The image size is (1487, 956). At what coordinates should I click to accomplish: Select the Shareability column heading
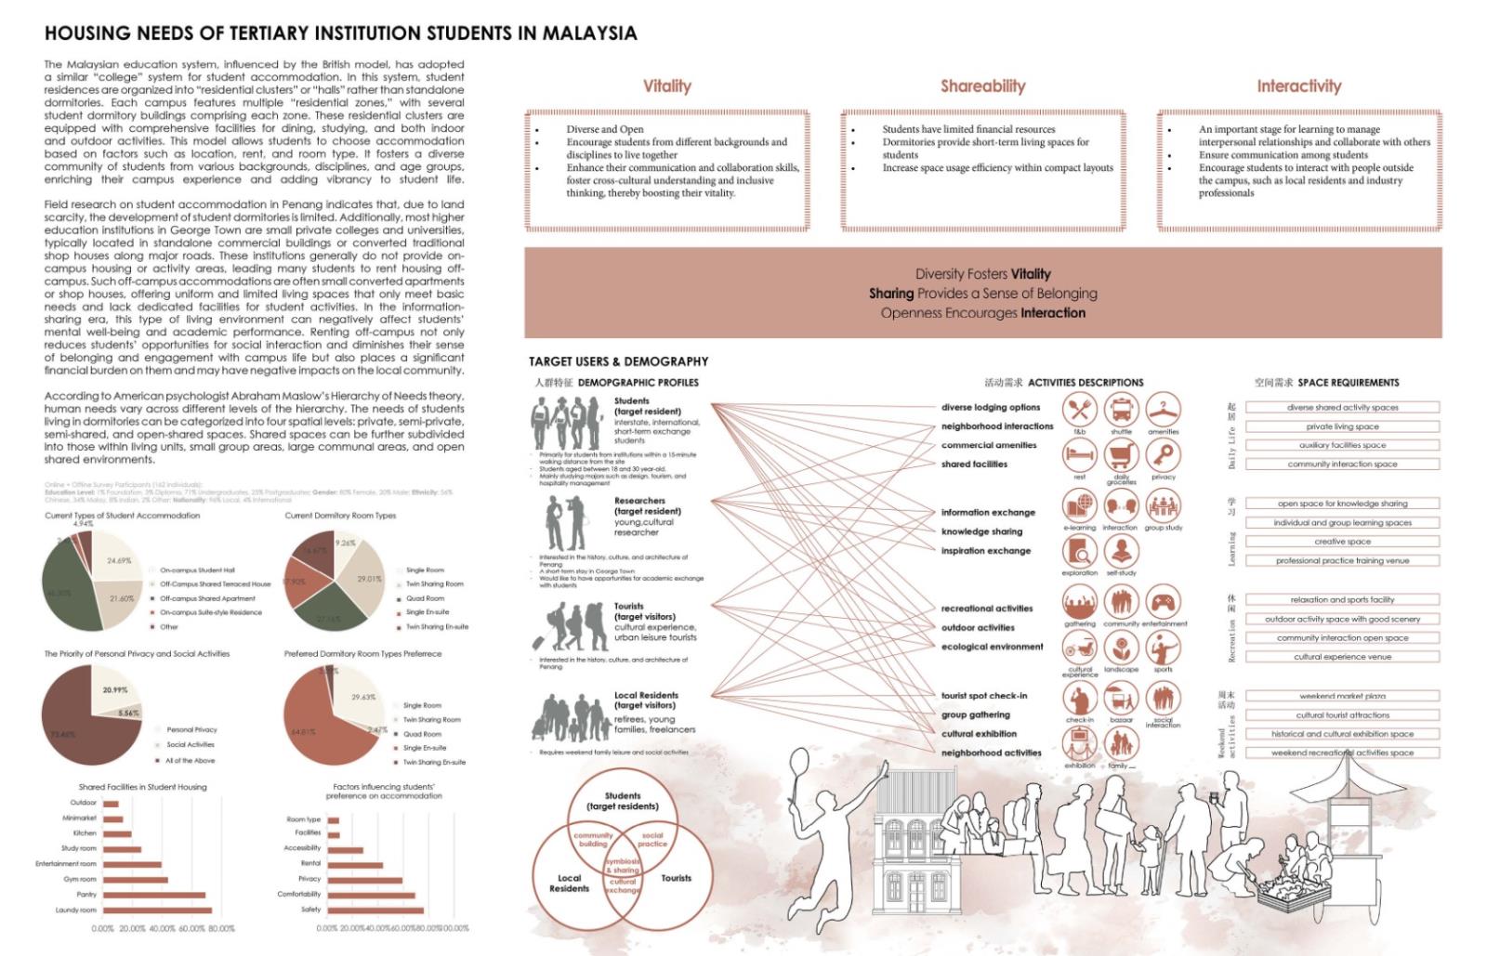(982, 86)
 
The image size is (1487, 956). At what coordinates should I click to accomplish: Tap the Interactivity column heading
(1298, 86)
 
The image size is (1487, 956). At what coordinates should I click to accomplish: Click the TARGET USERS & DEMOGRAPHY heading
(618, 361)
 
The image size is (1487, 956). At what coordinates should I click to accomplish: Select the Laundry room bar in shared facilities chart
(157, 910)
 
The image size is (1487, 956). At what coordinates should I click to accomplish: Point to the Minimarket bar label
(79, 818)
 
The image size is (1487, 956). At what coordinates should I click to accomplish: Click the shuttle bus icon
(1122, 410)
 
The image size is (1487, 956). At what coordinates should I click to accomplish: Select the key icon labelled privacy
(1164, 455)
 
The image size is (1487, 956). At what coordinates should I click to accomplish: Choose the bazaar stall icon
(1121, 699)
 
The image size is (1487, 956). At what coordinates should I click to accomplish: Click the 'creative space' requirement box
(1342, 542)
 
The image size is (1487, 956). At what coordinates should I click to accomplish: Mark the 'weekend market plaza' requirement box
(1342, 696)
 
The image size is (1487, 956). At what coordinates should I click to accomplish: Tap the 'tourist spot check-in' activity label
(984, 695)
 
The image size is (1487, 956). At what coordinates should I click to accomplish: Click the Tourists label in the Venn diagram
(676, 878)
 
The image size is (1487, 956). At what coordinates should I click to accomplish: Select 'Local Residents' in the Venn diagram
(569, 883)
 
